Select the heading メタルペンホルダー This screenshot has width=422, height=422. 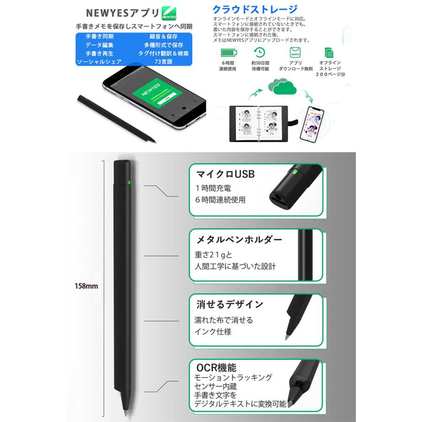[x=238, y=240]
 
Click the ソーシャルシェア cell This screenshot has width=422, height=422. [x=99, y=62]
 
